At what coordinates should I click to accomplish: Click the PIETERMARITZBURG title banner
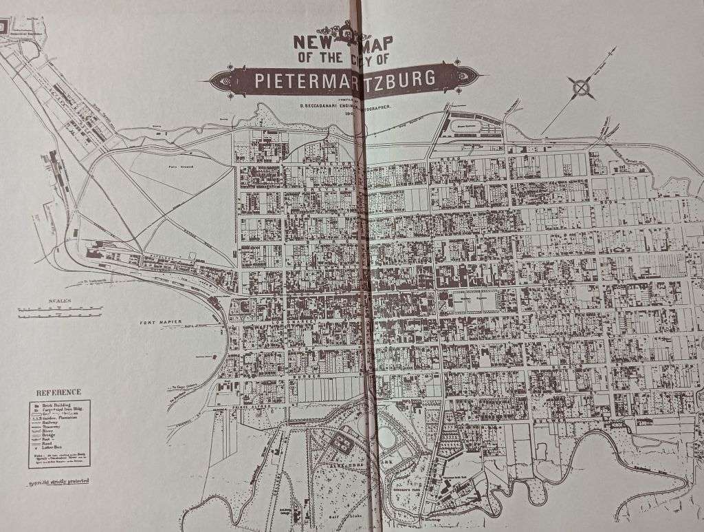[344, 80]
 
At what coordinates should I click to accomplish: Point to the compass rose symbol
[581, 87]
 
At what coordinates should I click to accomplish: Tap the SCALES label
[60, 301]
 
